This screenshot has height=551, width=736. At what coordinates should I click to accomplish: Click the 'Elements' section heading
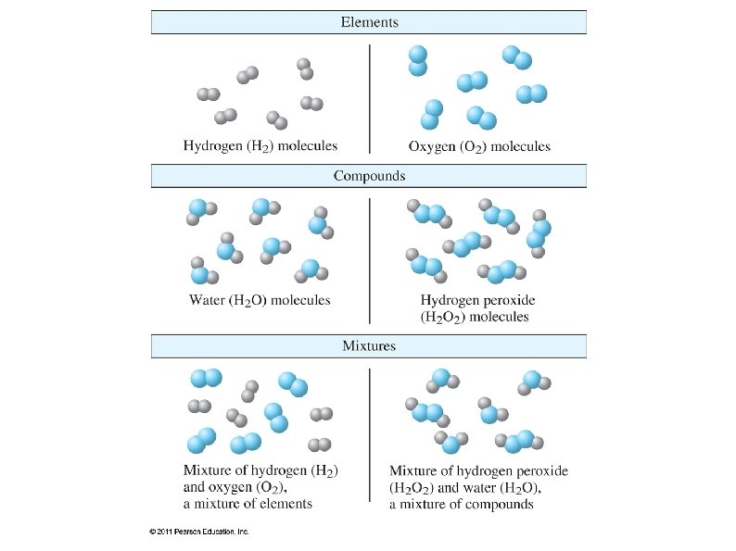[x=369, y=21]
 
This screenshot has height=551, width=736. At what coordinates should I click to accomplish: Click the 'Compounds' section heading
[x=369, y=175]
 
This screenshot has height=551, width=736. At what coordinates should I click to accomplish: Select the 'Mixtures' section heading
[x=369, y=345]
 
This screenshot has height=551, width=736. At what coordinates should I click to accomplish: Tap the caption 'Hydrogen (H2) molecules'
[x=260, y=145]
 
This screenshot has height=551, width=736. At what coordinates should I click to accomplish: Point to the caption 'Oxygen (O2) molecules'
[x=479, y=145]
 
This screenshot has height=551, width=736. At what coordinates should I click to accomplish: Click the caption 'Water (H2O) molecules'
[x=260, y=300]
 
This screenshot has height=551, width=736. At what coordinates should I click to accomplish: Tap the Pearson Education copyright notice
[x=198, y=532]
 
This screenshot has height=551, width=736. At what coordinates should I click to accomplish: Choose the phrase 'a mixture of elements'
[x=247, y=504]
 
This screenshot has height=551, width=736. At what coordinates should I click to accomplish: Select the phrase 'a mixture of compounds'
[x=461, y=504]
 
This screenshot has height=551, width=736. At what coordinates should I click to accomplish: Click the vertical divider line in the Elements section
[x=370, y=97]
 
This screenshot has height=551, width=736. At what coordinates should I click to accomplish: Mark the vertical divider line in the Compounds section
[x=370, y=250]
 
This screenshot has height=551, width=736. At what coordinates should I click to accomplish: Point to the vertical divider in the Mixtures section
[x=370, y=435]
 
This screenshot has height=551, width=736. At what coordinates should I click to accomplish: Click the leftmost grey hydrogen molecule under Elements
[x=209, y=94]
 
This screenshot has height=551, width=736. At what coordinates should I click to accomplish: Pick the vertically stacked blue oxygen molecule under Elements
[x=418, y=60]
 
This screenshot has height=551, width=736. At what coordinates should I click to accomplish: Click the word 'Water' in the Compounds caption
[x=206, y=300]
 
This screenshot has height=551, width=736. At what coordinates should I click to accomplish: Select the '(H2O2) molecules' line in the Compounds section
[x=475, y=317]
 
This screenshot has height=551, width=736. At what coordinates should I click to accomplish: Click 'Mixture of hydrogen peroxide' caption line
[x=478, y=470]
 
